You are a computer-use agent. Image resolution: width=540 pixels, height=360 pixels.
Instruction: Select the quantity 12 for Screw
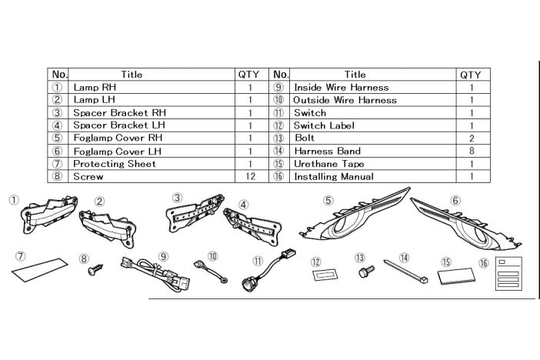coord(250,177)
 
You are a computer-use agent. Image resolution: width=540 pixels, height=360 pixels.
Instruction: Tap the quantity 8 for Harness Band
coord(471,152)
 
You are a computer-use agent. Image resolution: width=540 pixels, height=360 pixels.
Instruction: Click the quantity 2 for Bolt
coord(471,138)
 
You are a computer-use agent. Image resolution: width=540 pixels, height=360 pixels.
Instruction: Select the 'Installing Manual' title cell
coord(334,177)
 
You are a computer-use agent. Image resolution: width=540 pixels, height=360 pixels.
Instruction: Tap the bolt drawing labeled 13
coord(364,272)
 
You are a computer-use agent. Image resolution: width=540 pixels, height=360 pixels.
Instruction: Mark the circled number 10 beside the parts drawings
coord(213,256)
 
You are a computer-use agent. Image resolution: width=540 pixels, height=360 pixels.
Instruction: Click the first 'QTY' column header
coord(248,75)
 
